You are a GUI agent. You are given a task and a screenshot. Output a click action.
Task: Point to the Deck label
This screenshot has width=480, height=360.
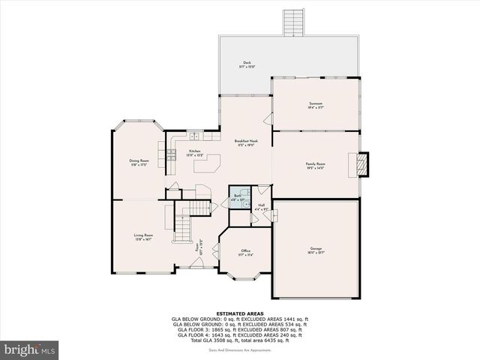click(247, 64)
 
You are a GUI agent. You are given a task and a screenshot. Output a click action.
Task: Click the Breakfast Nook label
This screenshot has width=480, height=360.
click(245, 143)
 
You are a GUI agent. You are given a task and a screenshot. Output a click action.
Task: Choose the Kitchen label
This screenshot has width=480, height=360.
click(195, 152)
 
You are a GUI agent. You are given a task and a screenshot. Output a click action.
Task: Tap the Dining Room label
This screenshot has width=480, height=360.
click(139, 162)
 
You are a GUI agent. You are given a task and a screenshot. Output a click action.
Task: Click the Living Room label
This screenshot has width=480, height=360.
click(143, 238)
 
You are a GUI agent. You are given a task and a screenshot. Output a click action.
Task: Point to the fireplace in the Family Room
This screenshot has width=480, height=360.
click(363, 164)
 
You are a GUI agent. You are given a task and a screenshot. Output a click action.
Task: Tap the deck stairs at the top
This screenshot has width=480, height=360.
click(292, 22)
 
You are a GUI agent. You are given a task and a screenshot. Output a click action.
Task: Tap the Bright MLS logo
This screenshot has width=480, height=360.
click(30, 349)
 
